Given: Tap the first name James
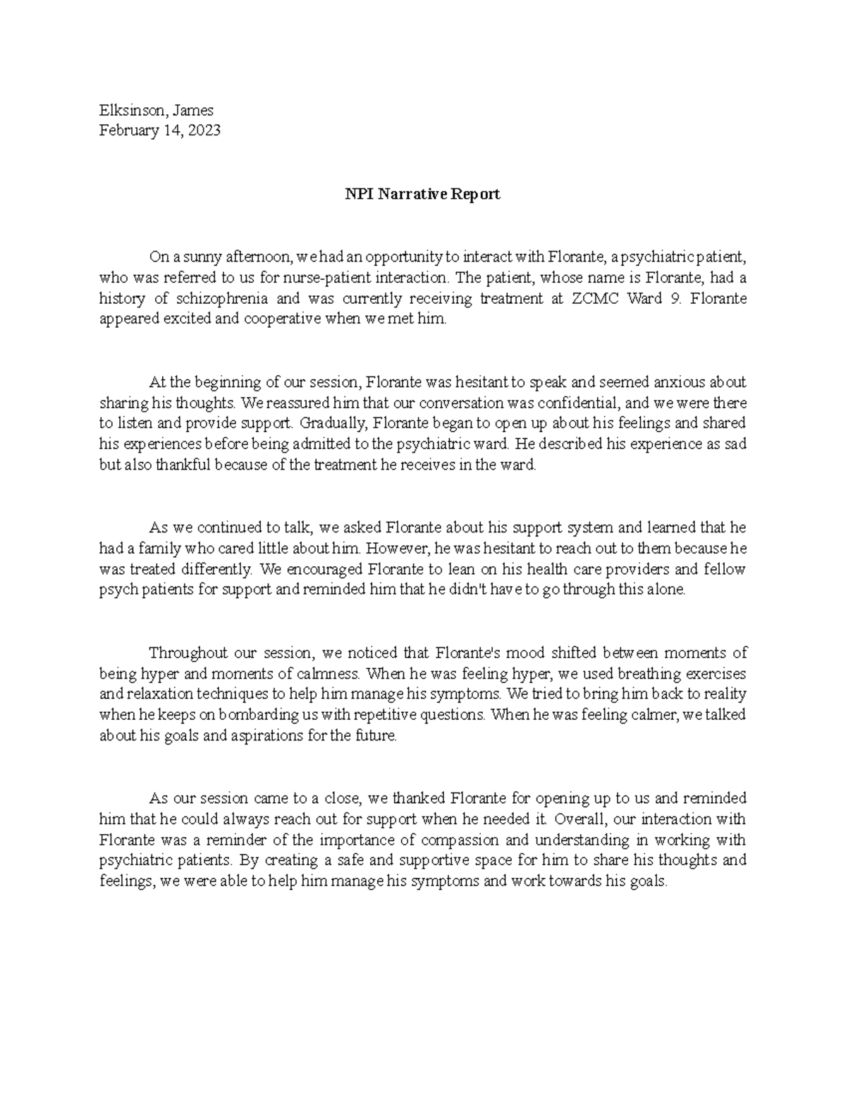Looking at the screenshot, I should (190, 110).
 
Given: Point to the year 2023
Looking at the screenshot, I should (204, 130).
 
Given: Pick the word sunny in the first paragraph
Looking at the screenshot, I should (192, 257).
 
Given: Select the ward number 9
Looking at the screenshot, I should (678, 298).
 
